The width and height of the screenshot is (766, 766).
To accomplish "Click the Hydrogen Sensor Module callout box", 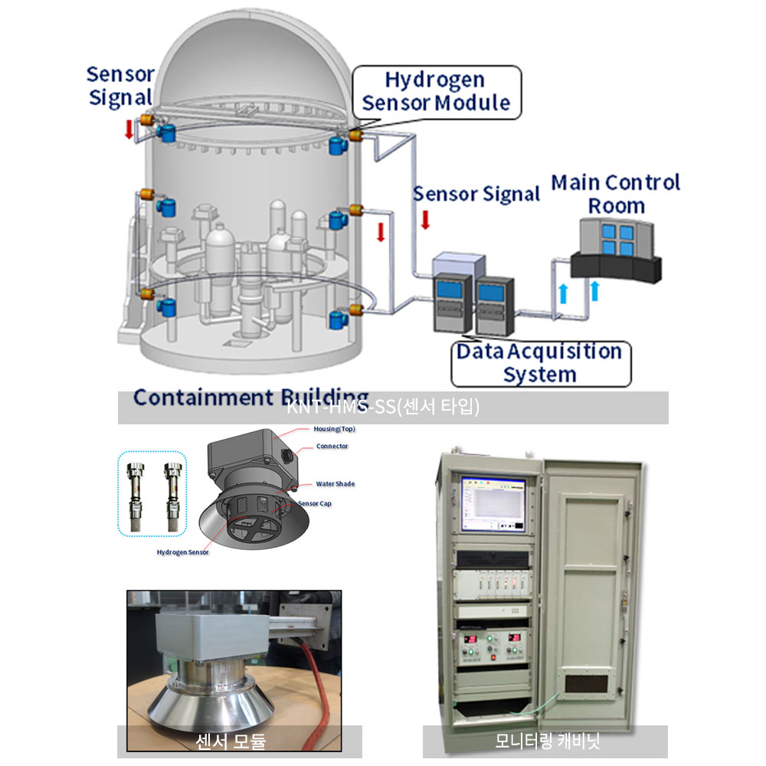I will [436, 92].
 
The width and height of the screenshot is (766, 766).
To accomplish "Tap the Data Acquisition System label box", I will [541, 363].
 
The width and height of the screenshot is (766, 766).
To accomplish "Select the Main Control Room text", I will [616, 194].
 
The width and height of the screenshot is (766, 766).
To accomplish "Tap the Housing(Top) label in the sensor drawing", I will [334, 429].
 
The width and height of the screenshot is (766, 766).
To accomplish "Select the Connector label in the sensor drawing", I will [332, 446].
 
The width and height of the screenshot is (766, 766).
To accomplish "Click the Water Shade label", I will [336, 484].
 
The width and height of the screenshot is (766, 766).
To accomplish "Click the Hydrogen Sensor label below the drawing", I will [182, 552].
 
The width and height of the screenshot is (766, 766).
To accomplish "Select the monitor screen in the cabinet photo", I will [493, 504].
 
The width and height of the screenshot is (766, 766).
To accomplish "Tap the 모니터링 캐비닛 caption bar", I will [545, 741].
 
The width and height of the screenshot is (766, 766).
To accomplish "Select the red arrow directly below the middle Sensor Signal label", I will [425, 221].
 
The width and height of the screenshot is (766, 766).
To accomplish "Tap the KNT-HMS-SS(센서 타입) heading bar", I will [392, 408].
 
